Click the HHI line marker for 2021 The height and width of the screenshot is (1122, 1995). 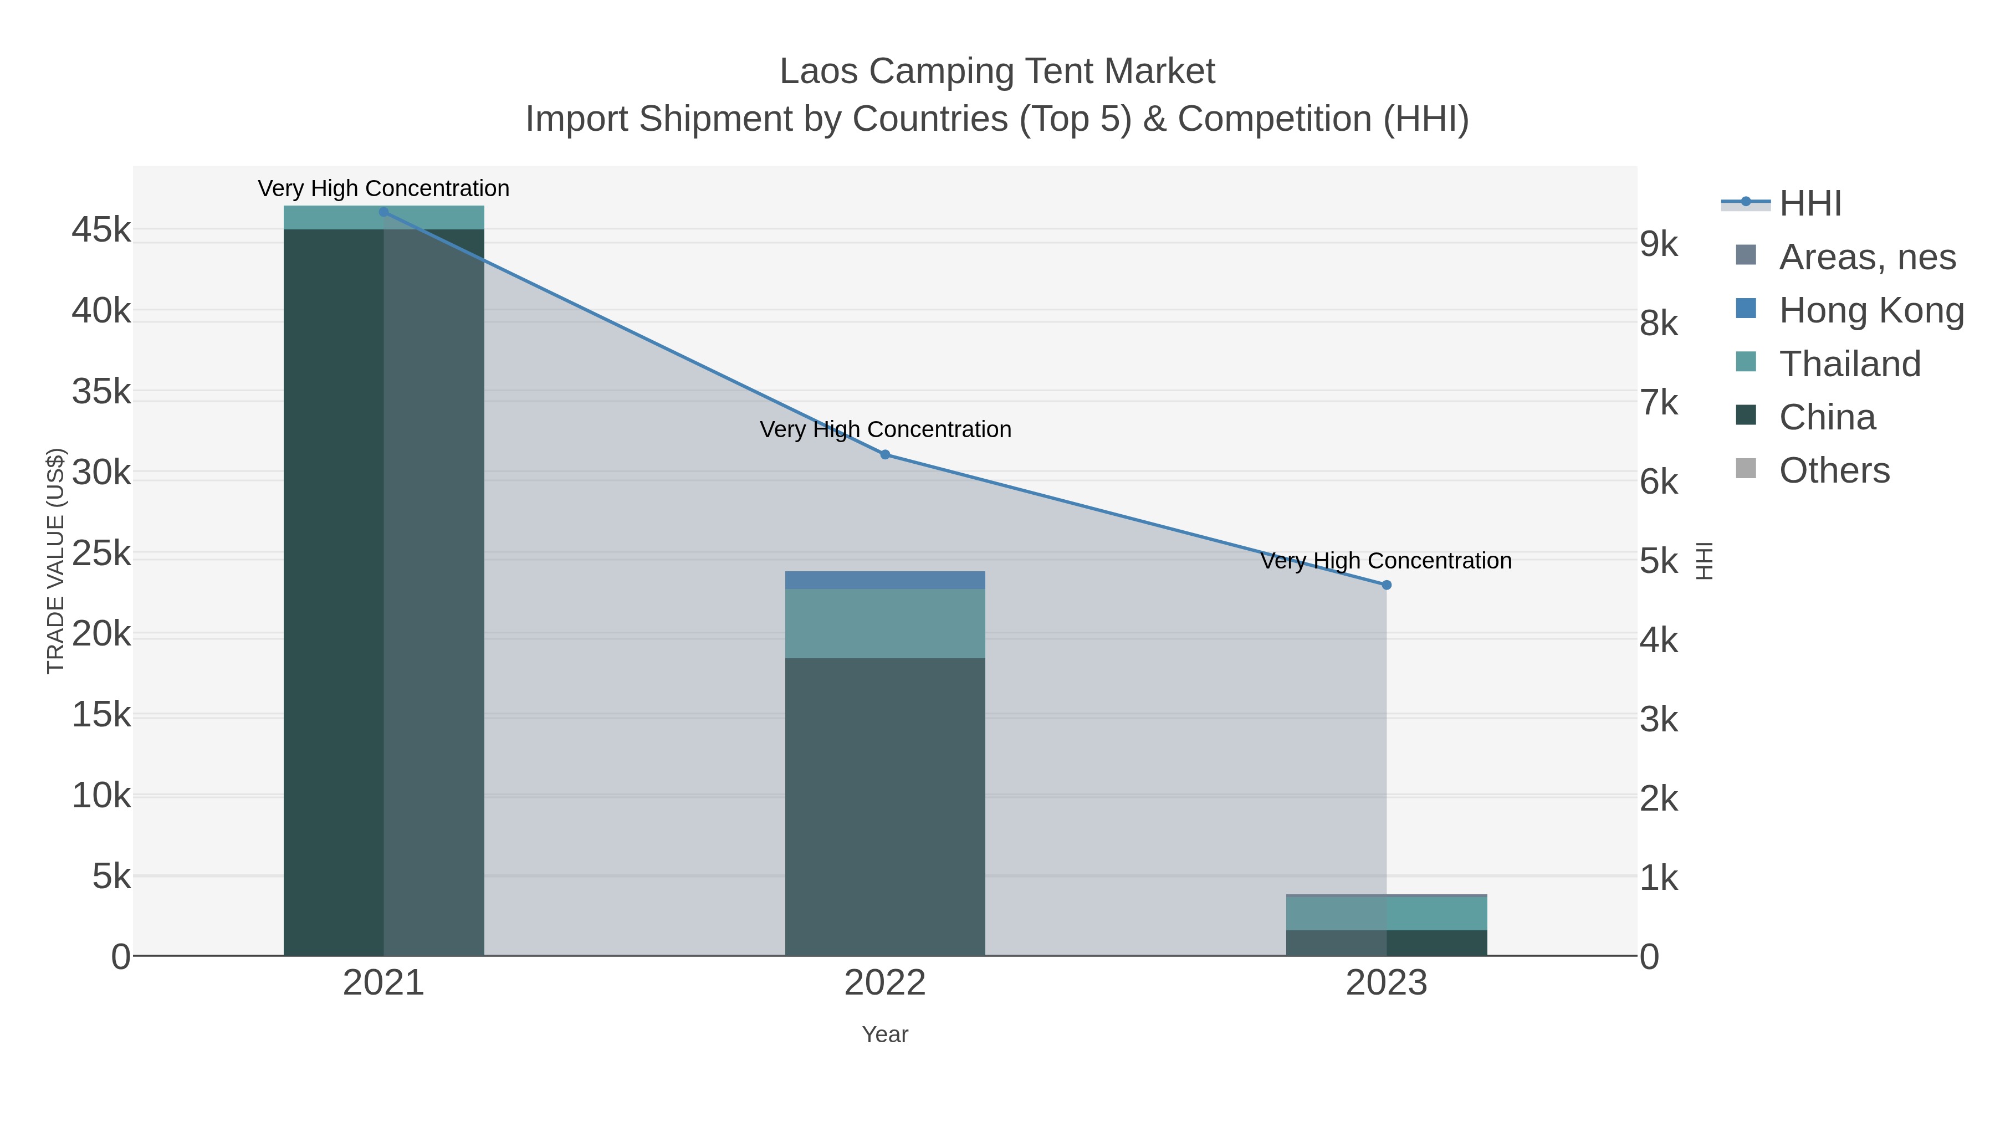click(383, 212)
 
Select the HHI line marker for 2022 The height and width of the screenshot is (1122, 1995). click(885, 454)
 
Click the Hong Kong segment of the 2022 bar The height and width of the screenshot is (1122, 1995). click(885, 580)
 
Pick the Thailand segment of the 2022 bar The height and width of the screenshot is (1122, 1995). click(885, 623)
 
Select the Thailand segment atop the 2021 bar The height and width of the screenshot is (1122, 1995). click(383, 218)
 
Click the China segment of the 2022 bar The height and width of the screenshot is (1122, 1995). click(885, 805)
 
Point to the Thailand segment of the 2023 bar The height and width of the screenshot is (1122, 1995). click(1387, 913)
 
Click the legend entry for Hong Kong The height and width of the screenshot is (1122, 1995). click(1870, 310)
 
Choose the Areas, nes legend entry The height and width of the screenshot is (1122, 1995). click(1866, 257)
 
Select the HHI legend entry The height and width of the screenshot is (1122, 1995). click(1809, 204)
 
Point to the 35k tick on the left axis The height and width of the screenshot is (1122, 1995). click(101, 392)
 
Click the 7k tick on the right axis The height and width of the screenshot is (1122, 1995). click(1659, 403)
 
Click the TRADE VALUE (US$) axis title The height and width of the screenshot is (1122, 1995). click(56, 561)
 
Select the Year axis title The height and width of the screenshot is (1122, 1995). click(885, 1034)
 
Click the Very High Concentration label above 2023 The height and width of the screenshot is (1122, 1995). click(1387, 561)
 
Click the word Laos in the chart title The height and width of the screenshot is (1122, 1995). click(819, 71)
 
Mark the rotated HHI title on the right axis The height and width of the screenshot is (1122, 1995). click(1705, 561)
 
